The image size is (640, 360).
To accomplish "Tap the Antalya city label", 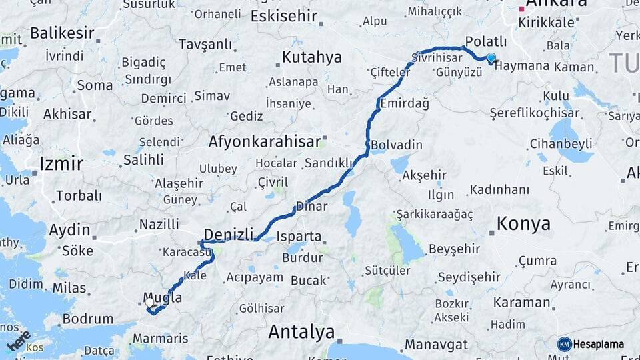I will click(301, 331).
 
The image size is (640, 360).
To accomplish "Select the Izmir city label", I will click(61, 163).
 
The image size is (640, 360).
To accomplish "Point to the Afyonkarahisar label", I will click(265, 141).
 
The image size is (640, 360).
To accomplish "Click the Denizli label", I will click(229, 234).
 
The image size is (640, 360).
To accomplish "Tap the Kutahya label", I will click(311, 57).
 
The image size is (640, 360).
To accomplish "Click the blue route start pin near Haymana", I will click(491, 58).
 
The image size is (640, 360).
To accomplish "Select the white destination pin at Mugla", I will click(150, 303).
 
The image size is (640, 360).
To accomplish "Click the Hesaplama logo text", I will click(598, 345).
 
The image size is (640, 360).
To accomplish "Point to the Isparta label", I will click(299, 237).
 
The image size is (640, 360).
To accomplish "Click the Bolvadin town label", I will click(396, 145).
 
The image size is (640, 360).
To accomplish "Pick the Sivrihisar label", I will click(437, 57).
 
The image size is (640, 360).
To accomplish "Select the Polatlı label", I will click(486, 41).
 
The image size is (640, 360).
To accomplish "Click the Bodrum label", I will click(87, 319).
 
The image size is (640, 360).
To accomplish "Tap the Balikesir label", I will click(61, 32).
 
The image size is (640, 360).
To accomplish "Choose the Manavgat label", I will click(431, 346).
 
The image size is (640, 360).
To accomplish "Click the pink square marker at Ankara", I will click(521, 9).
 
